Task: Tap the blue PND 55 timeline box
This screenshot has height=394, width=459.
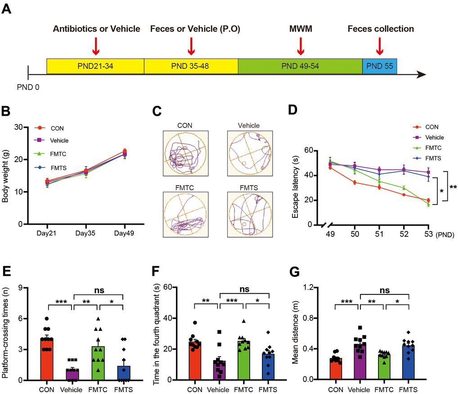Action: pyautogui.click(x=379, y=66)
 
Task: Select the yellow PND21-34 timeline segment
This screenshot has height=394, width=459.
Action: pyautogui.click(x=95, y=66)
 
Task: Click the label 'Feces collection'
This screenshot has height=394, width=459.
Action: pyautogui.click(x=380, y=29)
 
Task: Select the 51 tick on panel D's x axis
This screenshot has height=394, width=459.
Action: pyautogui.click(x=379, y=235)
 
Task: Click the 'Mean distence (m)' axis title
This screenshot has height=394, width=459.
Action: pyautogui.click(x=295, y=333)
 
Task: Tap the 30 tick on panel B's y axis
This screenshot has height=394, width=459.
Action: pyautogui.click(x=30, y=127)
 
